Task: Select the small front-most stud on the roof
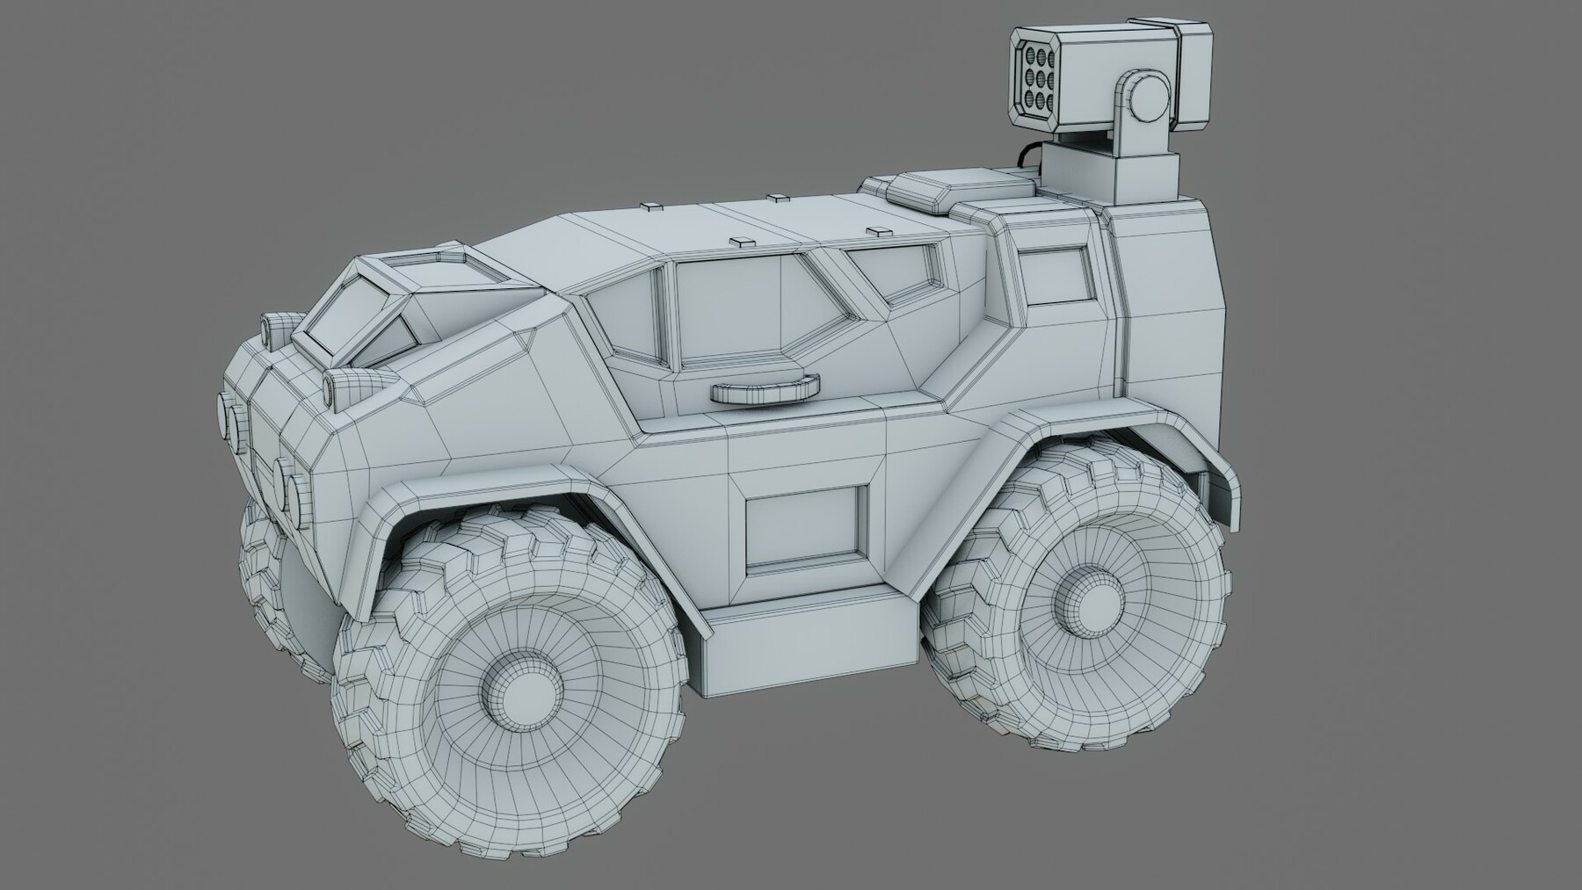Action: tap(651, 207)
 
